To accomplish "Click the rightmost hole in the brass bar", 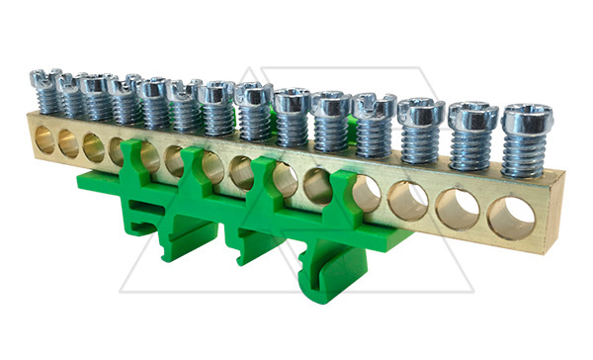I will (511, 218).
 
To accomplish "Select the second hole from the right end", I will (457, 209).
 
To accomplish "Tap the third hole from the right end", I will (407, 200).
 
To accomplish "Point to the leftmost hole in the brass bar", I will (44, 138).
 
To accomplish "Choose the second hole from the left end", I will (68, 143).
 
